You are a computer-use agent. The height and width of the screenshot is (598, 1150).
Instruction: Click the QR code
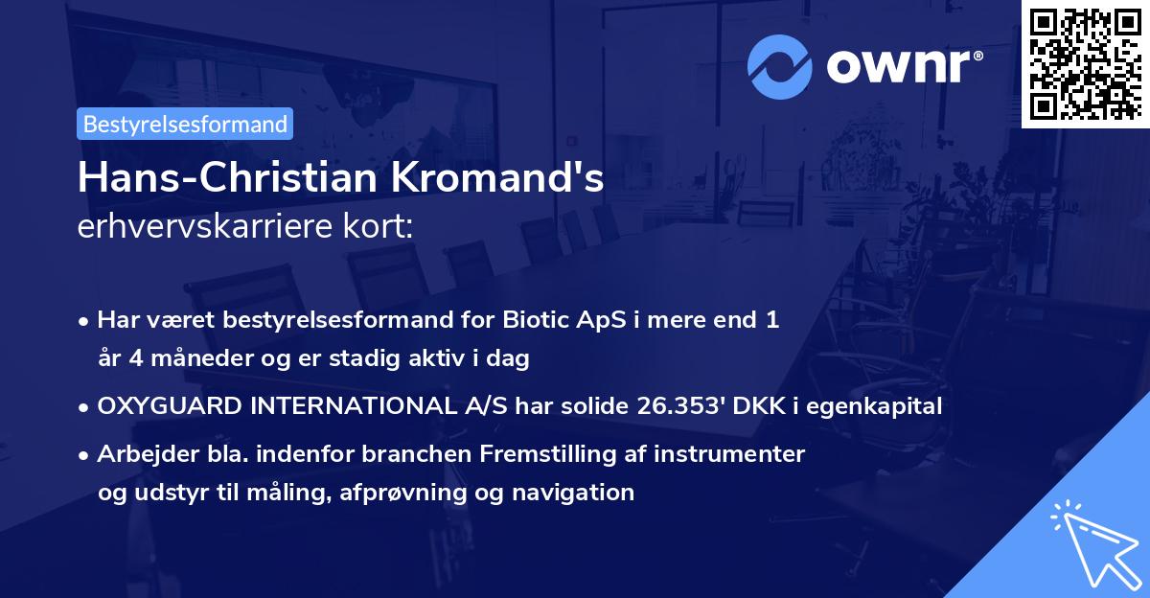pyautogui.click(x=1086, y=63)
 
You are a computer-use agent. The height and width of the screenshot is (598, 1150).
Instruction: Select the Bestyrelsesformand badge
pyautogui.click(x=185, y=124)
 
